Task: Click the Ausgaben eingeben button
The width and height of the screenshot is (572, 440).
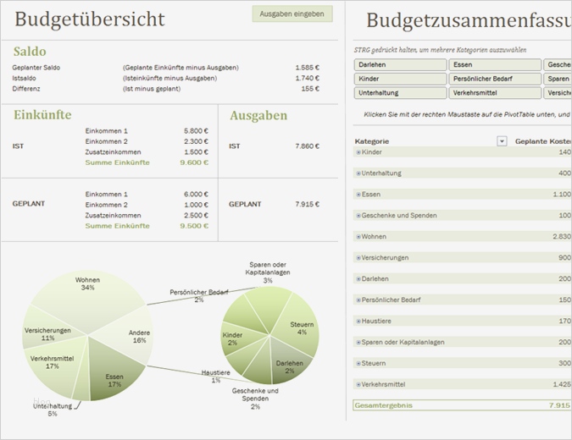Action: pyautogui.click(x=292, y=14)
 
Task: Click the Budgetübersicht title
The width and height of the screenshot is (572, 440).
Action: pyautogui.click(x=90, y=19)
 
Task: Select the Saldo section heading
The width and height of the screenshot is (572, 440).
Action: pyautogui.click(x=30, y=52)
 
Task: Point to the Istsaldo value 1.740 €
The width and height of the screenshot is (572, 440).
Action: pyautogui.click(x=307, y=78)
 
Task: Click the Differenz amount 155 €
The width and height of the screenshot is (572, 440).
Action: pyautogui.click(x=310, y=88)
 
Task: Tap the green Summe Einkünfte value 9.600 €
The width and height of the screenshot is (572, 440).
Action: pyautogui.click(x=194, y=162)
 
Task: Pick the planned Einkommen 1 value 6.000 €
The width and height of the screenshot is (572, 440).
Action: pyautogui.click(x=195, y=194)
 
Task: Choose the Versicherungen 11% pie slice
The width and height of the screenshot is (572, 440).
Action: pyautogui.click(x=47, y=334)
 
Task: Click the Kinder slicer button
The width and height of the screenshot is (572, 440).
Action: pyautogui.click(x=399, y=79)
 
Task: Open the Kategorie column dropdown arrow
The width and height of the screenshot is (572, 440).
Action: pyautogui.click(x=502, y=141)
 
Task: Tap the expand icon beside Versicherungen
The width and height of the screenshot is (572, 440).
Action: pyautogui.click(x=358, y=257)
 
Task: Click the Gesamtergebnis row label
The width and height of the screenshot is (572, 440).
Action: pyautogui.click(x=384, y=405)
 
